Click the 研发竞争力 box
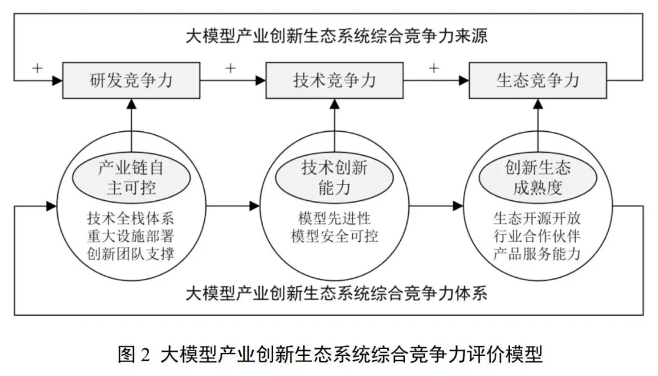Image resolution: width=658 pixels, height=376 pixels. click(x=132, y=79)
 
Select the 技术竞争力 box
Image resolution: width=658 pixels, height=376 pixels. click(x=334, y=79)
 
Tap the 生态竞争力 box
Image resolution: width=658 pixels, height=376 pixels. click(x=537, y=79)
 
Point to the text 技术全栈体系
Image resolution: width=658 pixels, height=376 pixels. click(x=131, y=218)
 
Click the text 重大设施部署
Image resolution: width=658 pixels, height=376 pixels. click(x=131, y=236)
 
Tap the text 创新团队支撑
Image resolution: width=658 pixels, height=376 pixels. click(x=131, y=253)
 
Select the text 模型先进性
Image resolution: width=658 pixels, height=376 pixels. click(x=334, y=218)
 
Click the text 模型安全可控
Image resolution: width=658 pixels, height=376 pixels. click(x=334, y=236)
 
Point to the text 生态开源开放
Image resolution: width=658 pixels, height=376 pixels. click(x=537, y=218)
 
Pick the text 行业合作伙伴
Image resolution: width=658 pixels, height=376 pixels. click(x=537, y=236)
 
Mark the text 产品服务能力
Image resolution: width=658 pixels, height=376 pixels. click(x=537, y=253)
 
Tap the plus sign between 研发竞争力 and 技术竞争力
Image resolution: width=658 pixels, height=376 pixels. click(x=230, y=68)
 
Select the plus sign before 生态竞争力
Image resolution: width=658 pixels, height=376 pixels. click(x=433, y=68)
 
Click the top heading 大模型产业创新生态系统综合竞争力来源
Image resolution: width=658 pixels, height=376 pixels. click(x=337, y=35)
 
